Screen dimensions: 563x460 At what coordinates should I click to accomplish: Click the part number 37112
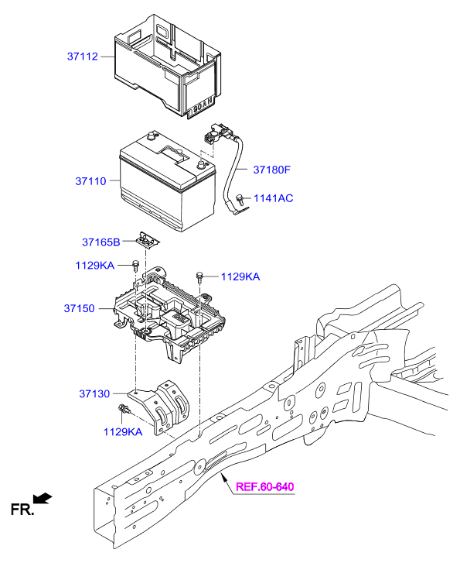83,57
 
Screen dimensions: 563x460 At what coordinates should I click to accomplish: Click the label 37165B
102,242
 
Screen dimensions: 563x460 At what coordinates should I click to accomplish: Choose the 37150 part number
79,308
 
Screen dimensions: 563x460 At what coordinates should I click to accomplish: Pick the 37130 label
94,393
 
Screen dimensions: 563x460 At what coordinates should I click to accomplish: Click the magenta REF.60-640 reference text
264,487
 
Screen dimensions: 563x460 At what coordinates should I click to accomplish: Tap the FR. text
22,509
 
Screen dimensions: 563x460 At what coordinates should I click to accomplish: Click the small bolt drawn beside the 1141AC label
243,199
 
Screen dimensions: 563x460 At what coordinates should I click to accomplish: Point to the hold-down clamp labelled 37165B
146,239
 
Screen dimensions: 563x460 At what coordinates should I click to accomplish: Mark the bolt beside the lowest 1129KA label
122,408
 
